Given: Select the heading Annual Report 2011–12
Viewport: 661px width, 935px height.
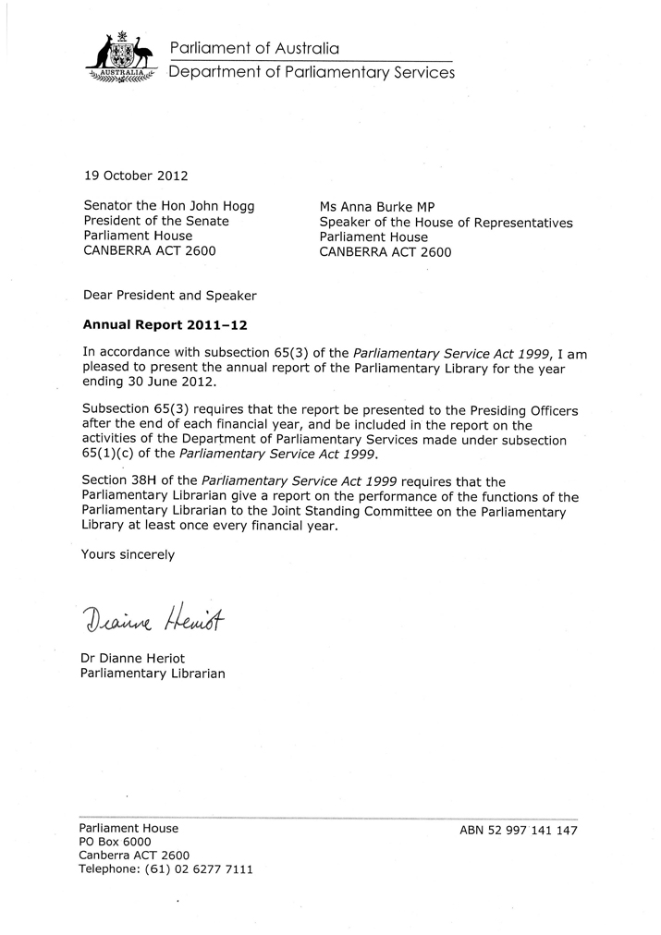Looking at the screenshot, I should coord(166,325).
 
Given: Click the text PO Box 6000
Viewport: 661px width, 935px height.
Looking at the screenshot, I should coord(116,843).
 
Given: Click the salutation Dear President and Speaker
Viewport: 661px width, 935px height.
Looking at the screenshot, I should coord(169,296).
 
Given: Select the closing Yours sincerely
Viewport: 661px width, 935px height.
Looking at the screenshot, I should coord(128,554).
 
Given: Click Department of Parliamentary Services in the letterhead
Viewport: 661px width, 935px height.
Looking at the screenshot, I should coord(311,73).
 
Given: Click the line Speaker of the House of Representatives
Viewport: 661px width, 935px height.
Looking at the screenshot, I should coord(446,223).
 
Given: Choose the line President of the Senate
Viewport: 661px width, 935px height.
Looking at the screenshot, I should coord(156,222).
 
